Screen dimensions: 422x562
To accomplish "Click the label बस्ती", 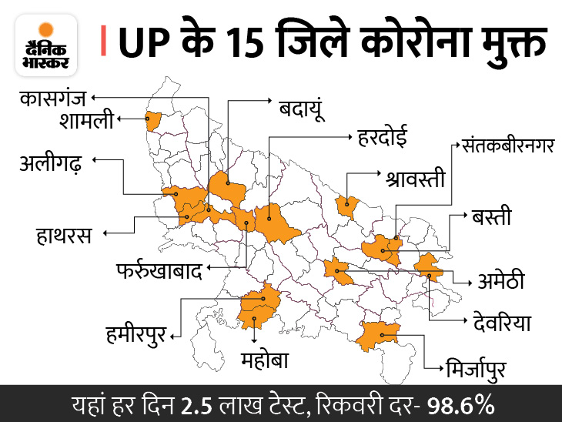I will [x=490, y=217].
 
